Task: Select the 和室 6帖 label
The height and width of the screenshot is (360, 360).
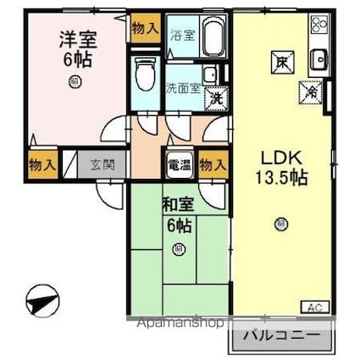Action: (x=178, y=214)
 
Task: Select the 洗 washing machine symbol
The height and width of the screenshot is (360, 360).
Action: (x=216, y=99)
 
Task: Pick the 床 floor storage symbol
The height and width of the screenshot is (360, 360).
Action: (x=280, y=60)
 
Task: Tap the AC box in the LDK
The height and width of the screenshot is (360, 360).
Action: (x=313, y=307)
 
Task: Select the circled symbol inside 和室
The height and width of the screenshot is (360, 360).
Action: (x=179, y=249)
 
